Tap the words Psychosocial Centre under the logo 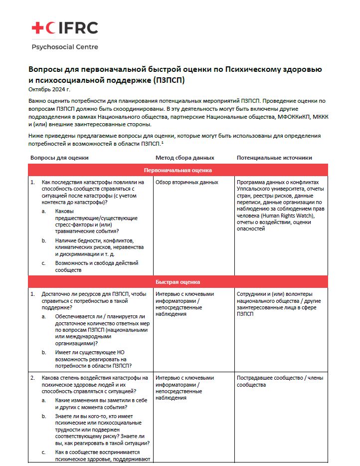point(65,47)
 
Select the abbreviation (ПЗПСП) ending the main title point(172,80)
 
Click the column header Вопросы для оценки point(59,158)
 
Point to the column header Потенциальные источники point(274,158)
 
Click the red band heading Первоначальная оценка point(178,170)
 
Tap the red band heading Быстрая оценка point(178,281)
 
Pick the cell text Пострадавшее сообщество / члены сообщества point(280,381)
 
